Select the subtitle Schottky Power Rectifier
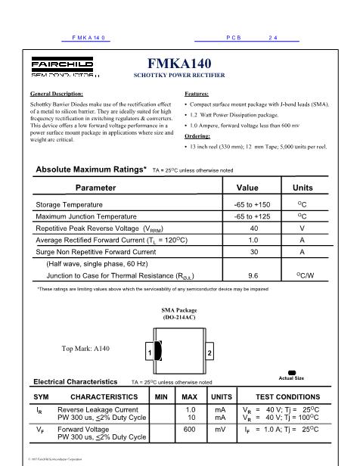click(x=179, y=77)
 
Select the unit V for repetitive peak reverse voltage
click(x=303, y=228)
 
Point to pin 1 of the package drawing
click(x=150, y=353)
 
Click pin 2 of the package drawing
click(x=209, y=353)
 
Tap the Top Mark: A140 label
click(x=85, y=349)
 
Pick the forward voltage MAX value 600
click(x=191, y=430)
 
